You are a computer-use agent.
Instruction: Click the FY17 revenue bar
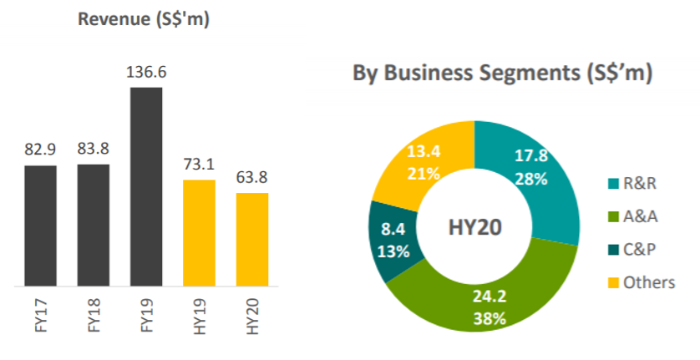40,226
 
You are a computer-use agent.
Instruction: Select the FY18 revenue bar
93,225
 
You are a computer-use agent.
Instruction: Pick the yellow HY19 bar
199,233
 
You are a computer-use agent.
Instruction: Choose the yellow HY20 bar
251,239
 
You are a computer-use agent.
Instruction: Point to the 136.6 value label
146,74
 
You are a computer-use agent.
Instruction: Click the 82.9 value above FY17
40,150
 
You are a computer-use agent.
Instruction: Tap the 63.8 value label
251,178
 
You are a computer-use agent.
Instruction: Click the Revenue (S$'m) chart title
143,19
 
